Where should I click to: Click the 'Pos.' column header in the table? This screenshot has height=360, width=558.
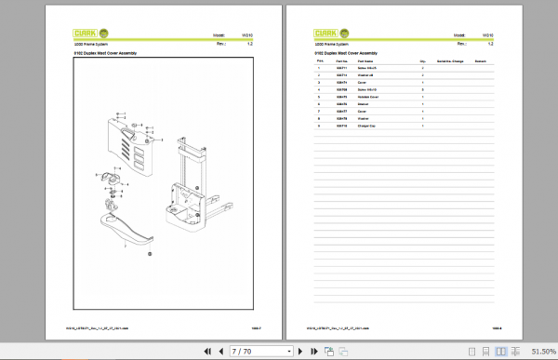[319, 60]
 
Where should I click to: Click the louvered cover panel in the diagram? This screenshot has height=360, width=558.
[131, 149]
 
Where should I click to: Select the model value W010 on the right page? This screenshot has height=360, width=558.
[487, 35]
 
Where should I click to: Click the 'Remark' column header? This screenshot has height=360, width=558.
[481, 60]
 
